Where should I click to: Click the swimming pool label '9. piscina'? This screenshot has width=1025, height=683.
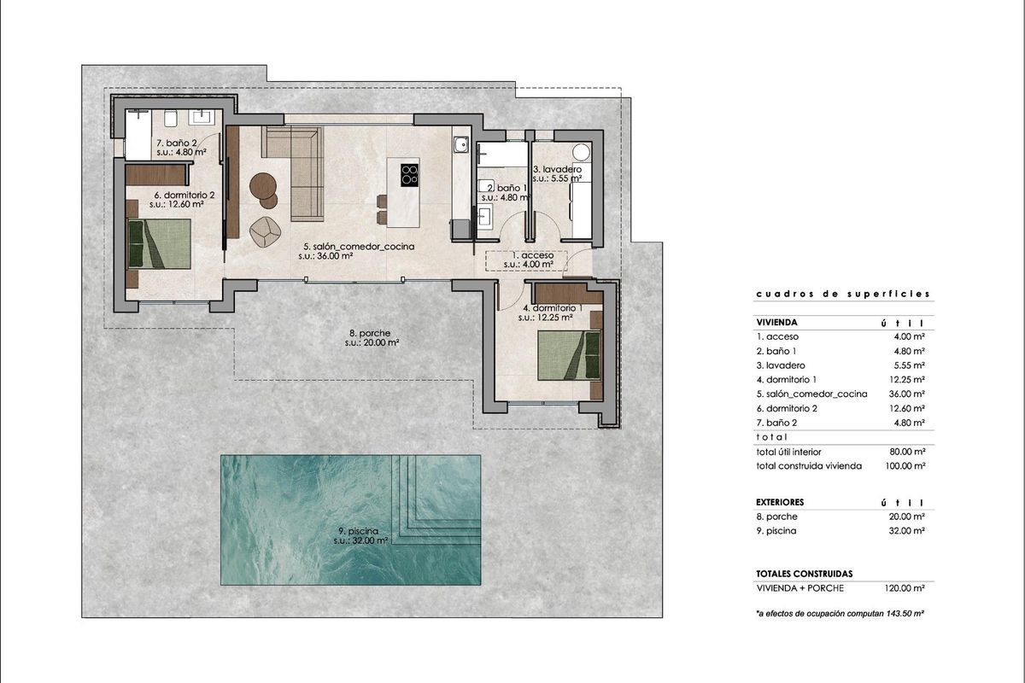pos(361,530)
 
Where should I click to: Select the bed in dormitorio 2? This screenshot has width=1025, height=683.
pos(159,243)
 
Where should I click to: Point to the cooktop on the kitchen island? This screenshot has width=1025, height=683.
pos(410,173)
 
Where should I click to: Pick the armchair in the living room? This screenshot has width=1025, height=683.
pos(266,229)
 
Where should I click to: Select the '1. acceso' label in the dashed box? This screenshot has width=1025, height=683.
pos(533,255)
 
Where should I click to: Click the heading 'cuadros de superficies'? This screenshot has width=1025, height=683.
pos(842,295)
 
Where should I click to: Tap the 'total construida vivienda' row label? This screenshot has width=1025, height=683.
pos(809,466)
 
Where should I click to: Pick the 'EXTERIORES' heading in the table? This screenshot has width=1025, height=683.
pos(780,502)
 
